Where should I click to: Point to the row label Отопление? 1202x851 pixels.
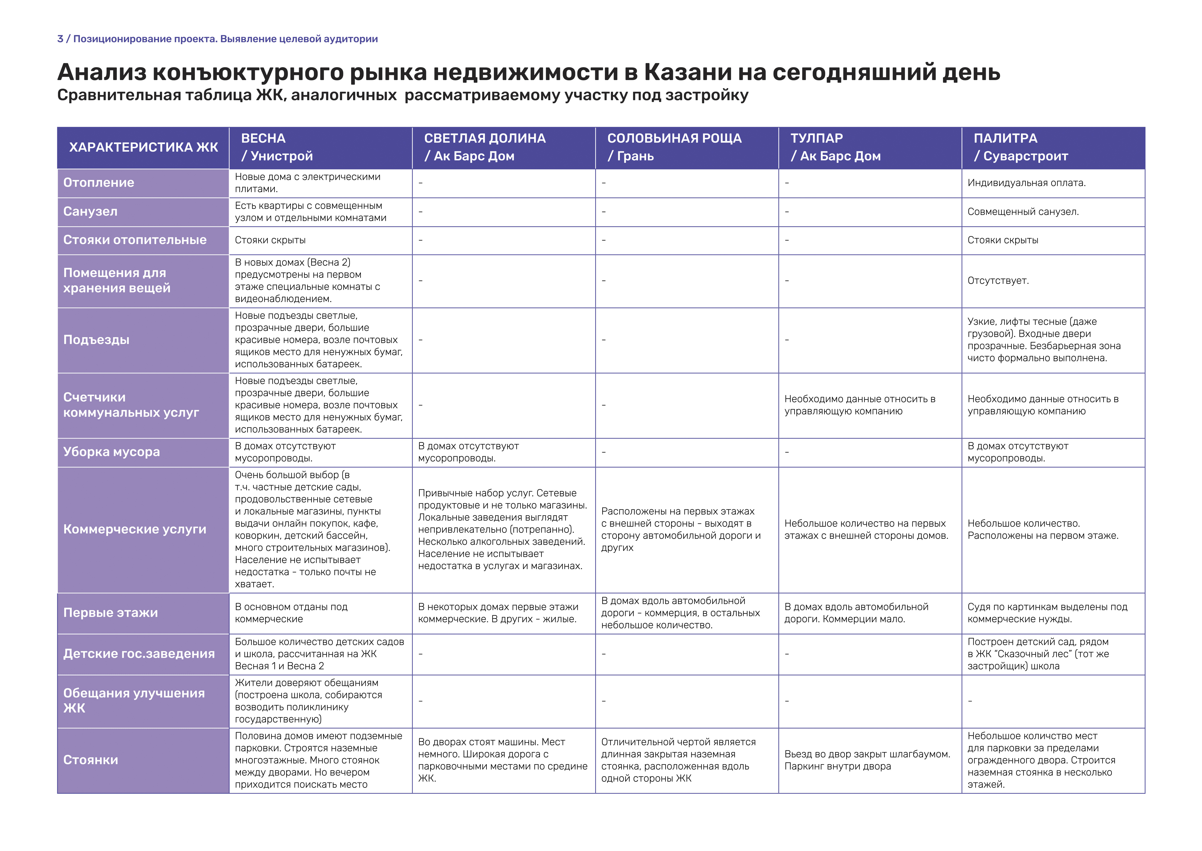(99, 183)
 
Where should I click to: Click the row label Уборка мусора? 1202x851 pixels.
(111, 452)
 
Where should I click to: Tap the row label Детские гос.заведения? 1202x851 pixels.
(139, 654)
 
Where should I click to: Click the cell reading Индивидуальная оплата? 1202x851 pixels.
(1026, 183)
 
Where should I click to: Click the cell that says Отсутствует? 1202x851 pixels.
(998, 281)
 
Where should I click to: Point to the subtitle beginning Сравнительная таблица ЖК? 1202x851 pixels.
(402, 95)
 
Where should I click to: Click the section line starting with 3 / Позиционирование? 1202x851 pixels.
(217, 39)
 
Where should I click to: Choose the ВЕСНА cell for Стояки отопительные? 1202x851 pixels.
(270, 240)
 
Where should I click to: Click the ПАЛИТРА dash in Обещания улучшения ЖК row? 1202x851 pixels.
(970, 701)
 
